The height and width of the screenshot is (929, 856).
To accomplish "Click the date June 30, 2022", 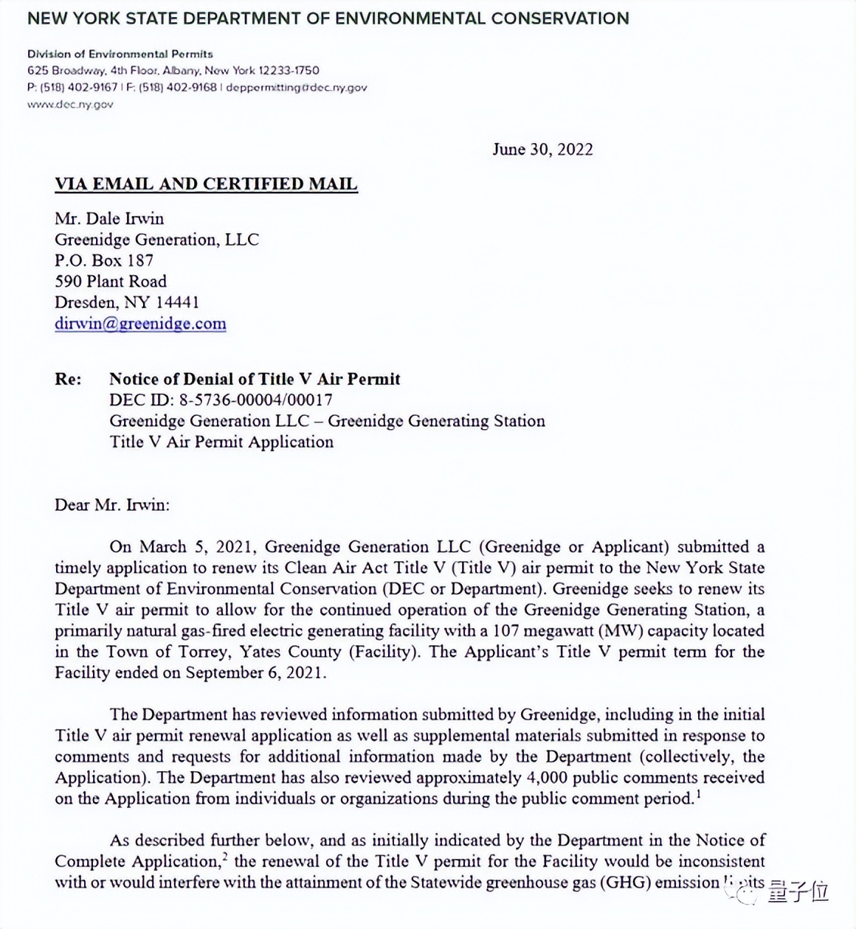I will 542,150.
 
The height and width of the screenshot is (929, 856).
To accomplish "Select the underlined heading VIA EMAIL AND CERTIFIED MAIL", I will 206,184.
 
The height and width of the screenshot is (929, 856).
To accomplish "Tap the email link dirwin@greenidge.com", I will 140,324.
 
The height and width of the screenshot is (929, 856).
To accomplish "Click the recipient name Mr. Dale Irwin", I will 109,219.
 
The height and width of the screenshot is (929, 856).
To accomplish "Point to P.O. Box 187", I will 104,260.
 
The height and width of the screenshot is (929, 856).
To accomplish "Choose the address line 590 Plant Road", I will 111,281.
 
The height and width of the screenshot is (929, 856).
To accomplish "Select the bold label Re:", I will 68,380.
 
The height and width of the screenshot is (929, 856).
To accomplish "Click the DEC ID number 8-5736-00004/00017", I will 255,400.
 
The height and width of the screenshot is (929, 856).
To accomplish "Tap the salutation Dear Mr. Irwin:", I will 112,505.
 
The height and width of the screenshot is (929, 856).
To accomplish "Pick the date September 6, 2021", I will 255,672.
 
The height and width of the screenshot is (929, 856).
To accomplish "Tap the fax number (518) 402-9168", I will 178,88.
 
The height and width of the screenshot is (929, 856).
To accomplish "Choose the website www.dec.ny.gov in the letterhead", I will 70,105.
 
